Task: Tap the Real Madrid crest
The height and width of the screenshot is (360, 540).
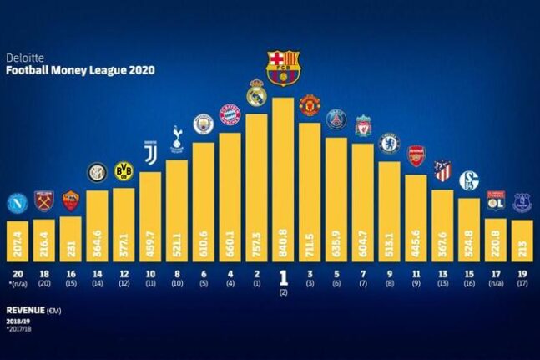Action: [x=256, y=93]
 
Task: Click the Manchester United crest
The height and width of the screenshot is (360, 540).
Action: [x=310, y=104]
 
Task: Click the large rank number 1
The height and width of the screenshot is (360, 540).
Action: [x=283, y=276]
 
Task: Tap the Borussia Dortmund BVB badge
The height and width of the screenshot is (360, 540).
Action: [x=124, y=171]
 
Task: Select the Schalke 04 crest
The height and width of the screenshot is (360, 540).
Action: [x=470, y=178]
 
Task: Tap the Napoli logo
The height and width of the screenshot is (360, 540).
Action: [x=17, y=203]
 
